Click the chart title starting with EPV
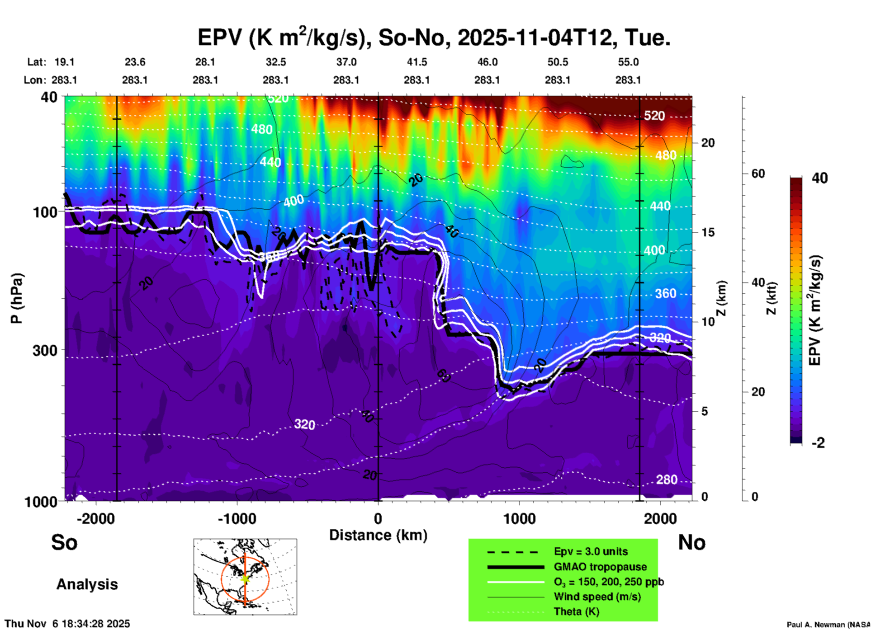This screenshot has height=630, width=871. [x=434, y=38]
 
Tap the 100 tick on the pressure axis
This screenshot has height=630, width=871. [x=45, y=212]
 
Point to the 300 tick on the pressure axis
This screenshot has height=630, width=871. [x=45, y=350]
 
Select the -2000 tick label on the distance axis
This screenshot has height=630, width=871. [x=95, y=518]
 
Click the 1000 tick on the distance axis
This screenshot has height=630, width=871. [x=519, y=518]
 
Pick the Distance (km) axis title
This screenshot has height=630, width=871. [x=378, y=535]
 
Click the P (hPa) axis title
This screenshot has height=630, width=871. [x=17, y=298]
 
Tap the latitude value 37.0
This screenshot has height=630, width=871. [x=346, y=62]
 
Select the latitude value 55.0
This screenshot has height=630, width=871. [x=628, y=62]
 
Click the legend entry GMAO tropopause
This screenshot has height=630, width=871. [x=600, y=567]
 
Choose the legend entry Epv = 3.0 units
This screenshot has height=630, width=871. [x=591, y=551]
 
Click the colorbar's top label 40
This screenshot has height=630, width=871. [x=819, y=178]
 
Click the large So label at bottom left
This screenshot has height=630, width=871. [x=64, y=542]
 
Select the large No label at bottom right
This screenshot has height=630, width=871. [x=691, y=542]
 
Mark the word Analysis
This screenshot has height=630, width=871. [x=87, y=584]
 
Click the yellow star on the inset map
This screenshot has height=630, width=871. [x=245, y=578]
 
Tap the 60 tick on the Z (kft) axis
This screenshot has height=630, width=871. [x=758, y=174]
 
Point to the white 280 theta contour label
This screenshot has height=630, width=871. [x=667, y=480]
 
